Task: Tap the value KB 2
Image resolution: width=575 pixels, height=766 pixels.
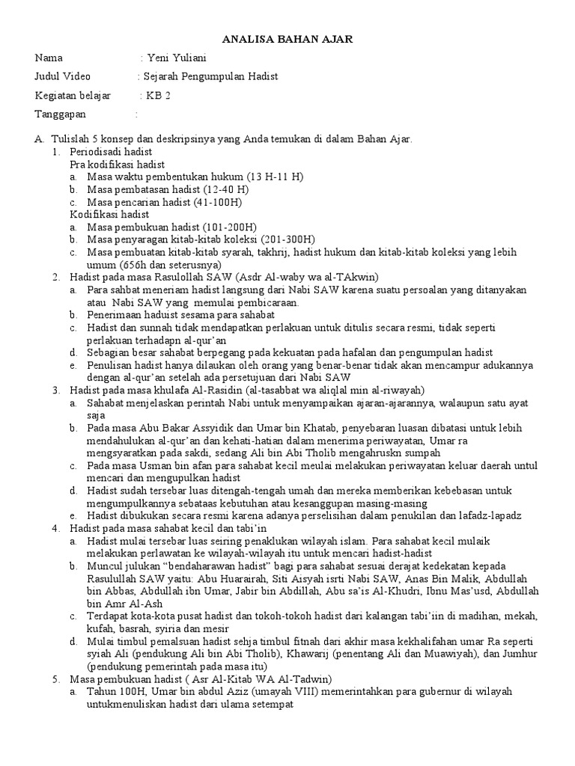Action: tap(158, 95)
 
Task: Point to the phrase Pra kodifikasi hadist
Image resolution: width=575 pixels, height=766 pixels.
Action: tap(118, 164)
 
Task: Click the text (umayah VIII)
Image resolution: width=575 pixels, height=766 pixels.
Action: tap(285, 691)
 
